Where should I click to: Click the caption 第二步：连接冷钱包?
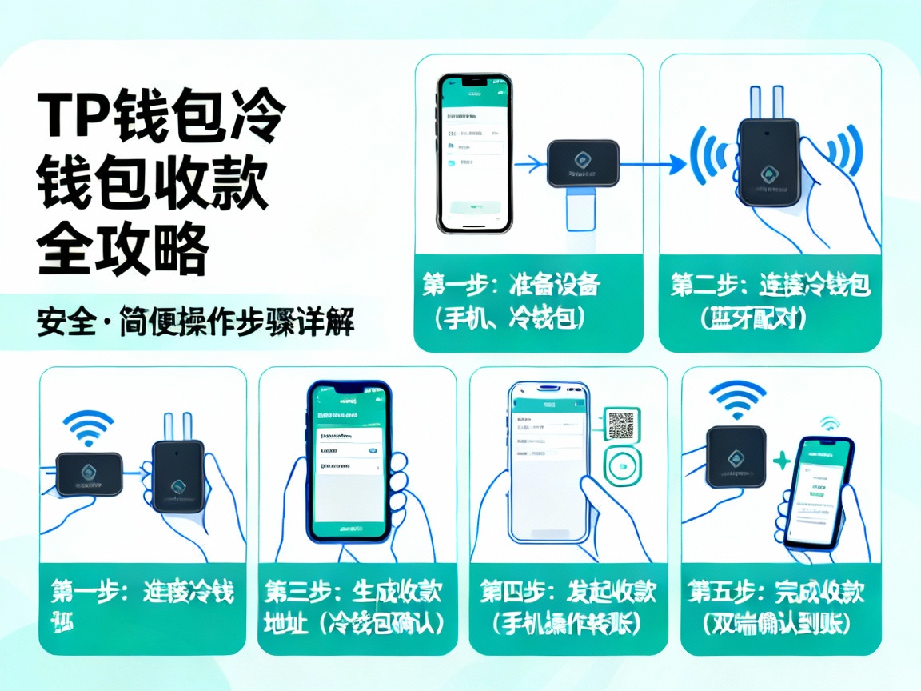(x=770, y=286)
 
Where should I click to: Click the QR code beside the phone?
(x=621, y=425)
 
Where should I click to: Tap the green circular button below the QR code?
(x=624, y=466)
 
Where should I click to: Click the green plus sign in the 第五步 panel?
(x=781, y=461)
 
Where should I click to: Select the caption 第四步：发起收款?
(x=568, y=593)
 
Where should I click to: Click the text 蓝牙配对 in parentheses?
(x=753, y=318)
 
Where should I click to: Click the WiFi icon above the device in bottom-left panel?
(x=88, y=427)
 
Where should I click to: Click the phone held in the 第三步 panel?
(x=349, y=461)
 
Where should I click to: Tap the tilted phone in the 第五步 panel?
(x=816, y=493)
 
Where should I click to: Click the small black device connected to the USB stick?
(x=583, y=164)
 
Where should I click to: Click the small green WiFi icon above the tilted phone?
(x=830, y=424)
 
